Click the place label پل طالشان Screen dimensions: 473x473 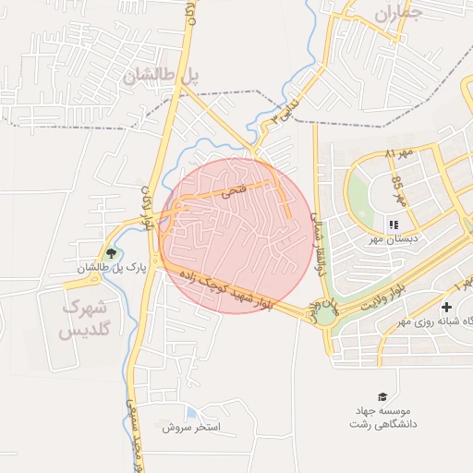(163, 77)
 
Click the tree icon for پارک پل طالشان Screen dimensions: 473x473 (112, 252)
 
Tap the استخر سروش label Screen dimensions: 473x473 (190, 428)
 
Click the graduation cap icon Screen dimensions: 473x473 (383, 396)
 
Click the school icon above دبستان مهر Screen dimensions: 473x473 (393, 224)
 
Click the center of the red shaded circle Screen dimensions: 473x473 (236, 236)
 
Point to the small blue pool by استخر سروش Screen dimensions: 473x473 (191, 412)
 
